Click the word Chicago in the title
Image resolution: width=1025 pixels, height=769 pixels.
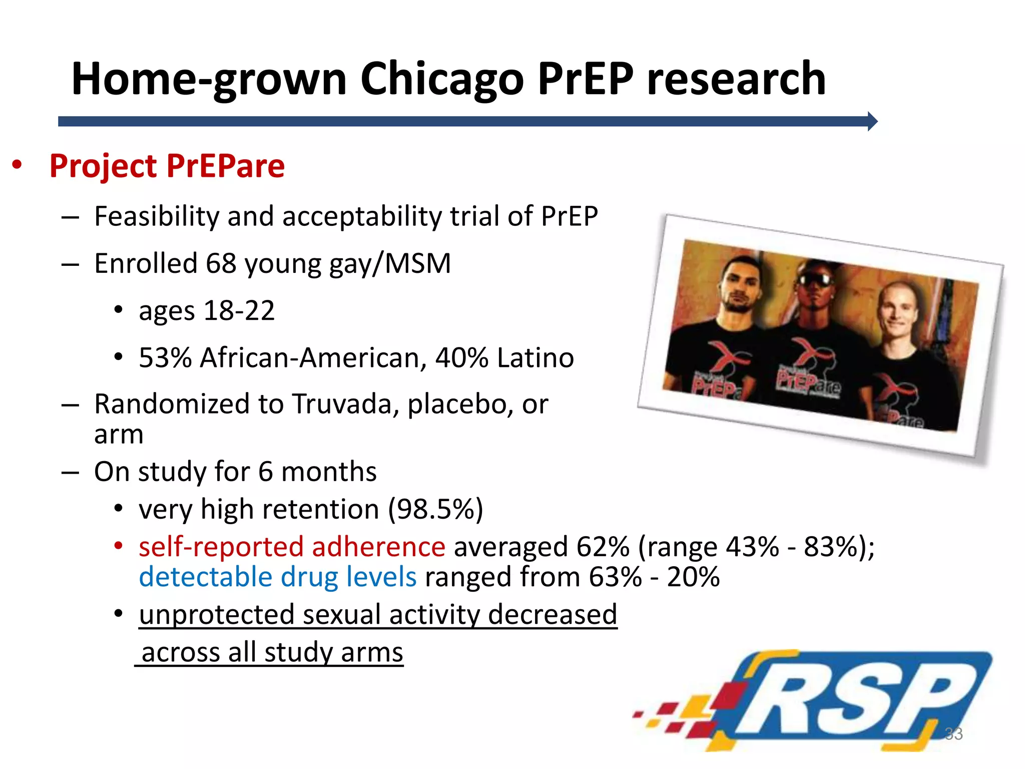[441, 79]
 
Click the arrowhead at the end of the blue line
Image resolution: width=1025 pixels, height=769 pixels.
[872, 121]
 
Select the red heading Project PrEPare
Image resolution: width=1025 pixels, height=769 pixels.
[167, 166]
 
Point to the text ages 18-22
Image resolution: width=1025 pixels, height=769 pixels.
[207, 311]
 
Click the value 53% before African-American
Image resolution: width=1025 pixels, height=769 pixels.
[165, 358]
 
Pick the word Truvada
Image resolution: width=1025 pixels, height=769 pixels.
[345, 404]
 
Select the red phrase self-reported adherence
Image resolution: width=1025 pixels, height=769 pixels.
[292, 547]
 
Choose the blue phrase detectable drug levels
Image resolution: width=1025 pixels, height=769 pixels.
[277, 577]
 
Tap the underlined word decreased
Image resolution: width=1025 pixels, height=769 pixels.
[552, 615]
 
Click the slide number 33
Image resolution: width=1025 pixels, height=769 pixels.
[953, 734]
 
